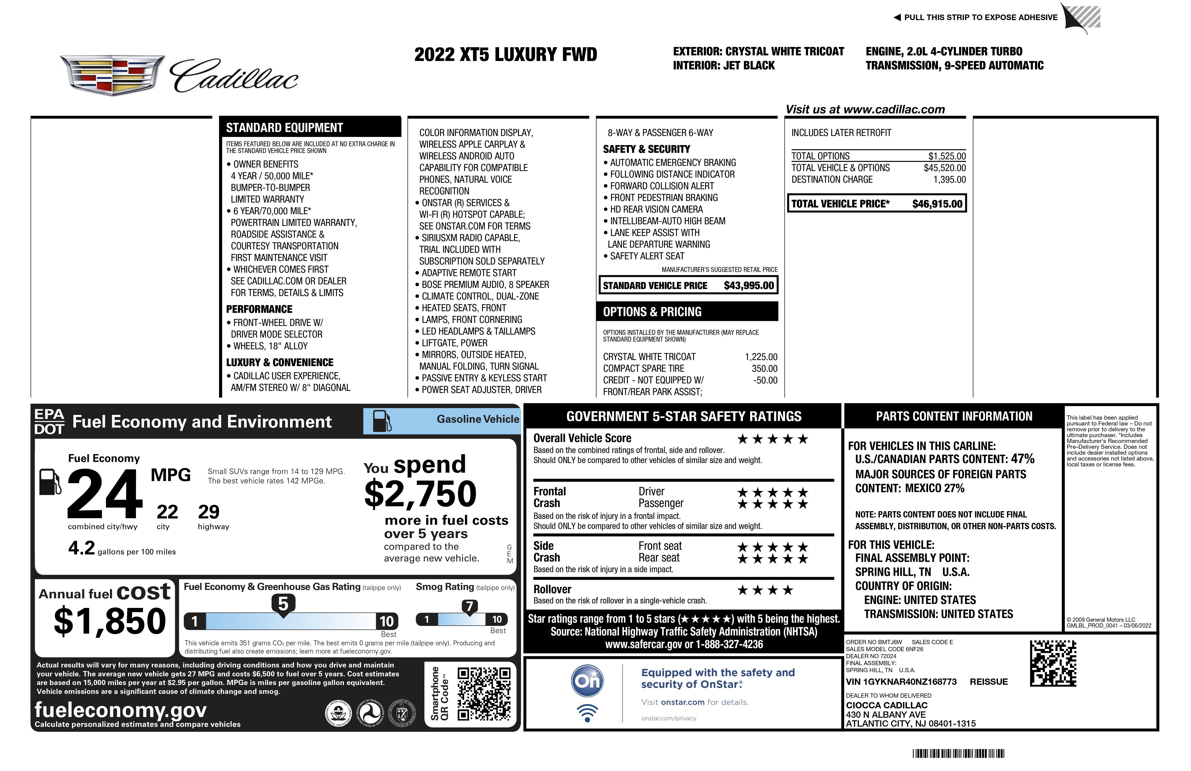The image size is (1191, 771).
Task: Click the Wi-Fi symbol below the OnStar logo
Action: [588, 713]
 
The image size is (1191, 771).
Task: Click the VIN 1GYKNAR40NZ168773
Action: [901, 682]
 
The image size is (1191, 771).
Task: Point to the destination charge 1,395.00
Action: [949, 180]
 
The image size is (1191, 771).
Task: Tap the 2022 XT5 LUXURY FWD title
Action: [505, 55]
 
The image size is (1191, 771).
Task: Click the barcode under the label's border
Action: [958, 753]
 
